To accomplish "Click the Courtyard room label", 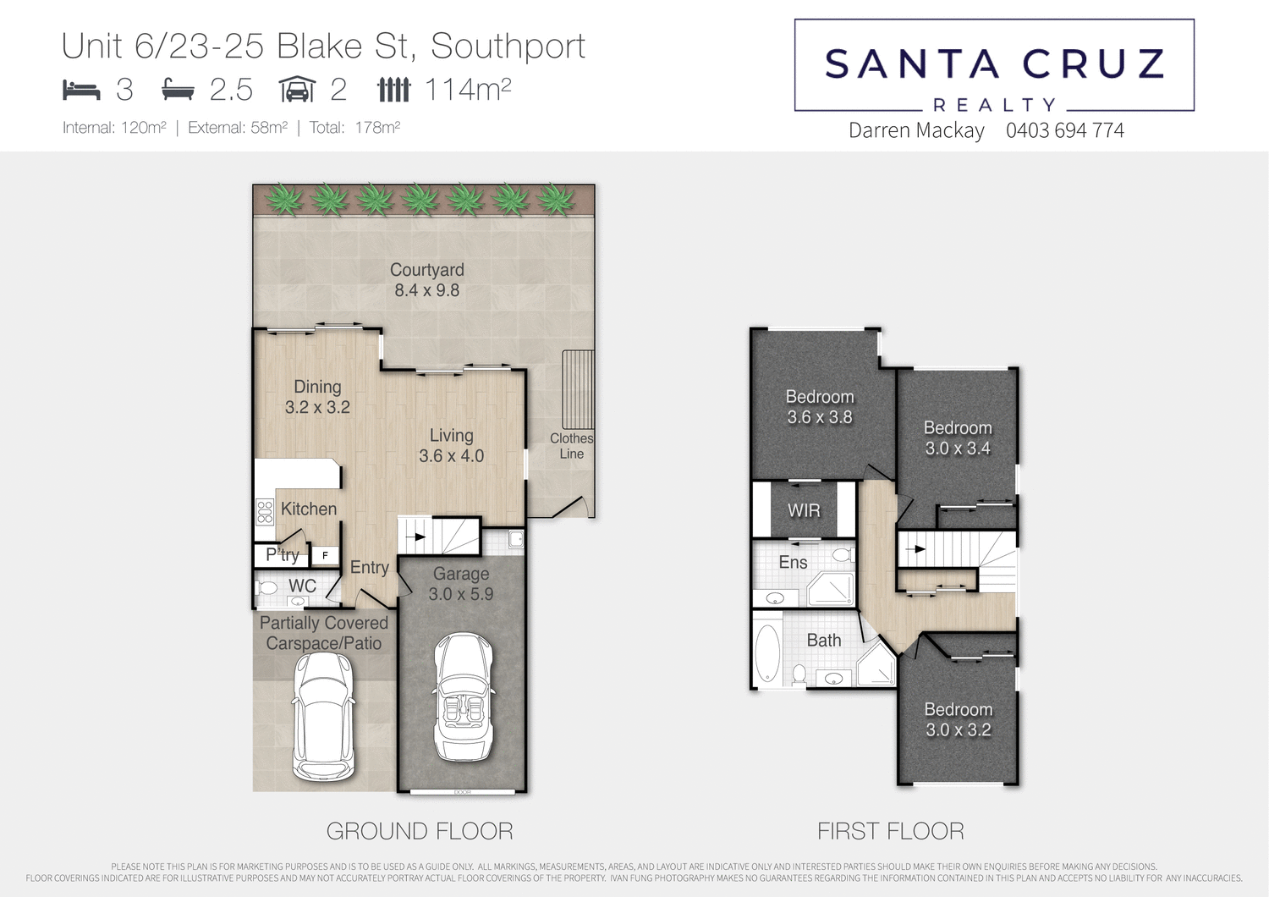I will [426, 280].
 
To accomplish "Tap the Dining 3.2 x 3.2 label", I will [317, 397].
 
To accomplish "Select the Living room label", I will [451, 446].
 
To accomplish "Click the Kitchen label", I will [309, 509].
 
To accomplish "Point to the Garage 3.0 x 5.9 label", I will [461, 584].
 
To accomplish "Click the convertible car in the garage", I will [462, 697].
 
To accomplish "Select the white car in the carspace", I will [323, 716].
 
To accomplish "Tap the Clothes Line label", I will [571, 446].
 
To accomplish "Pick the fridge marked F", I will [325, 556].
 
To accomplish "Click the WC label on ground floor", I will [302, 586].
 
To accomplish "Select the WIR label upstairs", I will [804, 510].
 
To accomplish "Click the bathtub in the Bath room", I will [767, 652].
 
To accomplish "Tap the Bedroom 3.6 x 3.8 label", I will [819, 407].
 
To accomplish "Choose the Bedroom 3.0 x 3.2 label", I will [958, 719].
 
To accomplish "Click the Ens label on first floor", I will [793, 562].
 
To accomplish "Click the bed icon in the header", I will [81, 90].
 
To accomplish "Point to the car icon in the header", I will [297, 90].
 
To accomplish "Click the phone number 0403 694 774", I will [1064, 130].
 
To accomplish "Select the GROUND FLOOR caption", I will [420, 831].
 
